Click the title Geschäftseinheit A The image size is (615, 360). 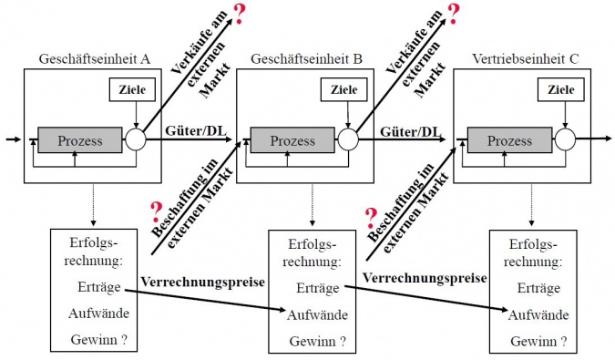pyautogui.click(x=94, y=59)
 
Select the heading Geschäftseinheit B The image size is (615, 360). pyautogui.click(x=309, y=59)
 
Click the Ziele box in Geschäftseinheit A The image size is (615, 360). pyautogui.click(x=133, y=89)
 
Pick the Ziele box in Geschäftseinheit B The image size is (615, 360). pyautogui.click(x=344, y=89)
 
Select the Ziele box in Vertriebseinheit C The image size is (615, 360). pyautogui.click(x=561, y=89)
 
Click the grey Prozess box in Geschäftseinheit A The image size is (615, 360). pyautogui.click(x=80, y=140)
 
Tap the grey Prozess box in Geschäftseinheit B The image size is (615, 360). pyautogui.click(x=293, y=140)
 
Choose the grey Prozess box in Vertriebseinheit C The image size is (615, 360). pyautogui.click(x=510, y=140)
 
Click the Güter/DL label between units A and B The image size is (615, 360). pyautogui.click(x=196, y=132)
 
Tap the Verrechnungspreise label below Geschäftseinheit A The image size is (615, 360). pyautogui.click(x=202, y=282)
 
